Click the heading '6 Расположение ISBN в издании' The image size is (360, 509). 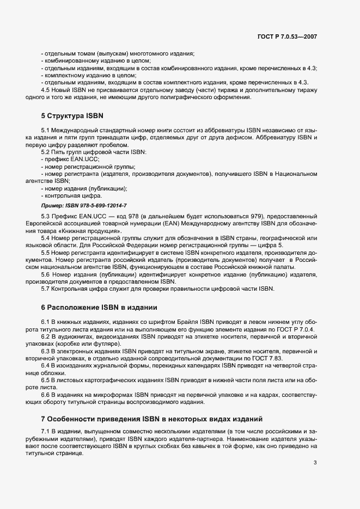click(x=99, y=306)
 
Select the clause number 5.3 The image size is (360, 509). click(x=46, y=216)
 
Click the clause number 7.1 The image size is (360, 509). click(x=46, y=431)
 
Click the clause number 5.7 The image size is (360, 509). click(x=46, y=289)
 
